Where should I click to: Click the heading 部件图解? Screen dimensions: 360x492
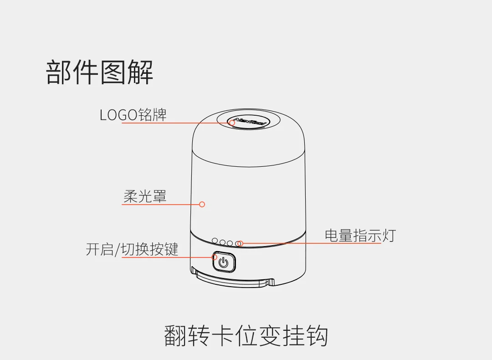coord(100,72)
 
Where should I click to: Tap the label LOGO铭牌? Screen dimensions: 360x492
coord(133,114)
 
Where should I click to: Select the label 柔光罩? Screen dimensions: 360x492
coord(145,196)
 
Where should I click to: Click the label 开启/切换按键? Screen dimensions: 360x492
coord(132,249)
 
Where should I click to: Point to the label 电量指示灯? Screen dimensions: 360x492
coord(360,235)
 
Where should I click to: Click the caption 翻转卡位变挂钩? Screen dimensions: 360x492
coord(246,336)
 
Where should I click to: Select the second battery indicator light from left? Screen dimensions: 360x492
coord(223,242)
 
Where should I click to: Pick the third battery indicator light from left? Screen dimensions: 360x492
coord(231,243)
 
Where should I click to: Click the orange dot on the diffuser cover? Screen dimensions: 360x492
coord(202,204)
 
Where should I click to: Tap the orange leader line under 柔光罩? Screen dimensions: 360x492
coord(159,204)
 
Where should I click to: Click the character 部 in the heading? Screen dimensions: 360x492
coord(59,72)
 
